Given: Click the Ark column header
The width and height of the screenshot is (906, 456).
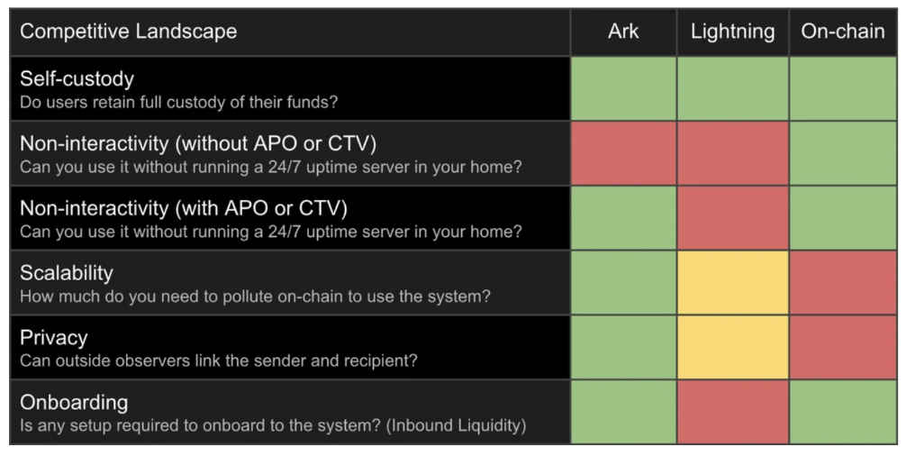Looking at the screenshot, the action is point(623,32).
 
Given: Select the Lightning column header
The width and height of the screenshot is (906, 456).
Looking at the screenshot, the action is point(733,32).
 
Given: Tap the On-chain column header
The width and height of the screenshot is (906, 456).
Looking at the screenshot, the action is point(842,32).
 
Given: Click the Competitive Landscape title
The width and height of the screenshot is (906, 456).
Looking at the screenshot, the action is point(128,32).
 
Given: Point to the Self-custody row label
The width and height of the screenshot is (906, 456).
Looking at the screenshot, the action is point(77,78).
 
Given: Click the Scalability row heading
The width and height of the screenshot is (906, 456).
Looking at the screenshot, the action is point(67,273).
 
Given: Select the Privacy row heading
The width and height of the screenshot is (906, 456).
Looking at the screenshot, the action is point(54,338).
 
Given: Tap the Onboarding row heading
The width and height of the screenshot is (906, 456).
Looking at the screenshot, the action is point(74,402).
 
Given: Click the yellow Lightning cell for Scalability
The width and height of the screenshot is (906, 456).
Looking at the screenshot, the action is point(733,283).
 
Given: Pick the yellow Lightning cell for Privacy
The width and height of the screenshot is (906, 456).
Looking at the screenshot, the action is point(733,347).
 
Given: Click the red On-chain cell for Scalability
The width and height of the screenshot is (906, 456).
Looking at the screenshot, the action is point(843,283).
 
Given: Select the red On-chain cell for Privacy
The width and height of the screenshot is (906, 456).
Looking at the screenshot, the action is point(843,347).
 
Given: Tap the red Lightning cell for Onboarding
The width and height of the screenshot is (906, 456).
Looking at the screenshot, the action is point(733,412).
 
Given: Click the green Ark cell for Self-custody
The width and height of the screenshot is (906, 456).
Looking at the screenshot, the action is point(623,88).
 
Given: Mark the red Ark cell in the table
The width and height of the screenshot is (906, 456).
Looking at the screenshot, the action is point(623,153).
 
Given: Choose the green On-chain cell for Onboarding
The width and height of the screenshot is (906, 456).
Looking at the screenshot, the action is point(843,412).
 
